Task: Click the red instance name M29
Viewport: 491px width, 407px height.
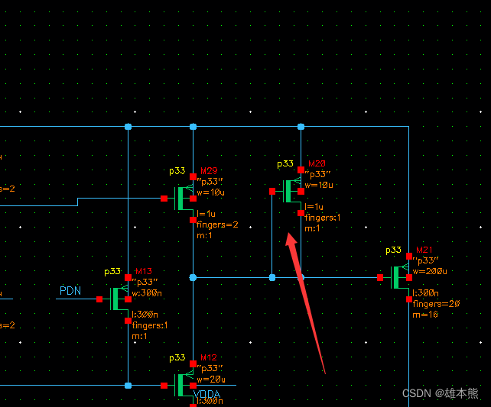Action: point(209,171)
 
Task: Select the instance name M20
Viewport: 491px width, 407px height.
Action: point(317,164)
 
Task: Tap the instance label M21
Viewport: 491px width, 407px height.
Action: point(424,250)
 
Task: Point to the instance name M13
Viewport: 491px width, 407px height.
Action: point(144,272)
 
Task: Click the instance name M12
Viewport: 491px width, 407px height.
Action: point(209,358)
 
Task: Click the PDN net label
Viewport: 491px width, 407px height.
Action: point(70,290)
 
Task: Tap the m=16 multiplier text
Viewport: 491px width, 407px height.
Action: point(426,315)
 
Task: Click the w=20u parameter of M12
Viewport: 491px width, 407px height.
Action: point(212,380)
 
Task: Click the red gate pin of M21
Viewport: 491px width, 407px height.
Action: point(381,278)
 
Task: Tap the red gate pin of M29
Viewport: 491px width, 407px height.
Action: point(164,199)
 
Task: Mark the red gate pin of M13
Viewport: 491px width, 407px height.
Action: point(99,299)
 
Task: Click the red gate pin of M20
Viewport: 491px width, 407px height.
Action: point(272,191)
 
